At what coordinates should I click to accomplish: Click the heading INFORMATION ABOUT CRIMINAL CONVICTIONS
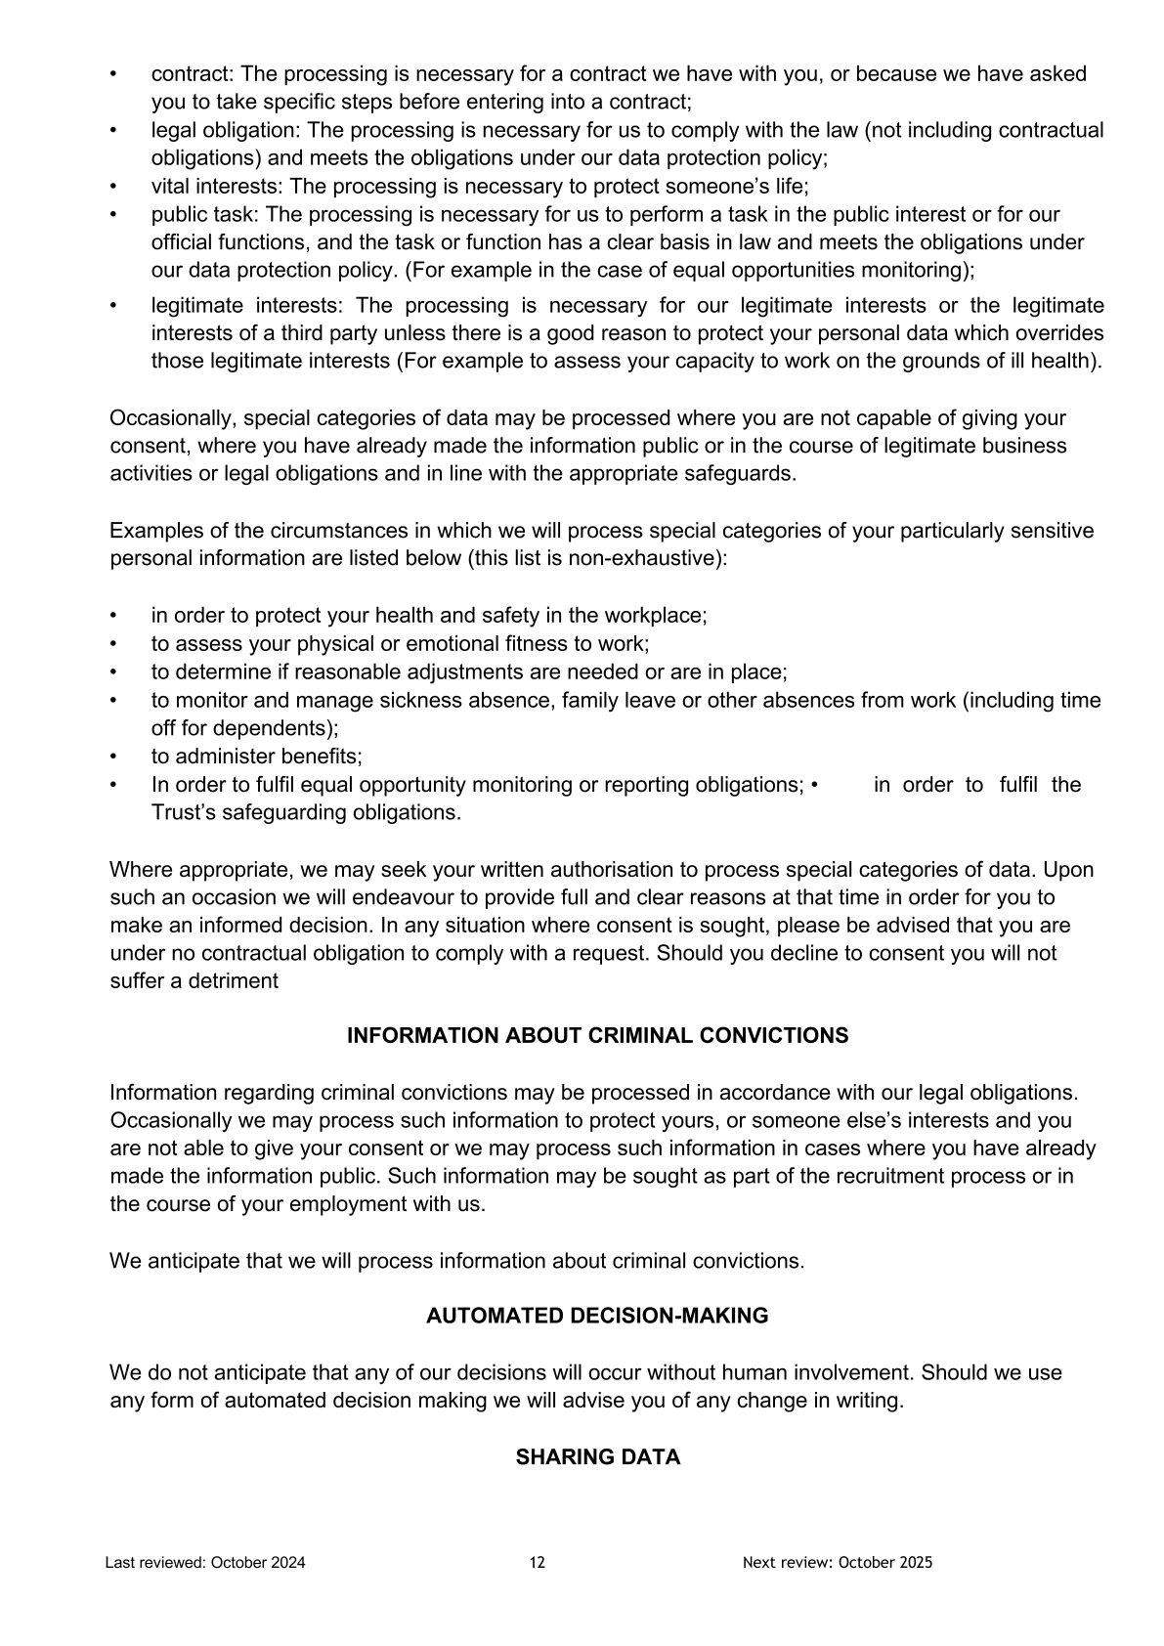coord(597,1036)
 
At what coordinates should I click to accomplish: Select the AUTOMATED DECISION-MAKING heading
coord(597,1317)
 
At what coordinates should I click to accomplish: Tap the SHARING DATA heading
coord(597,1457)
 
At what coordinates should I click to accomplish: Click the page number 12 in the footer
coord(538,1563)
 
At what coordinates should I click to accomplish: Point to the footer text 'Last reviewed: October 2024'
coord(205,1563)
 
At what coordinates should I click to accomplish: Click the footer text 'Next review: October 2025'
coord(838,1563)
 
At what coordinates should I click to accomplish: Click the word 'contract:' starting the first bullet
coord(193,74)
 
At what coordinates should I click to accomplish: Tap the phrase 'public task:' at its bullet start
coord(205,215)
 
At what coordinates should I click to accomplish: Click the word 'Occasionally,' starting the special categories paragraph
coord(173,418)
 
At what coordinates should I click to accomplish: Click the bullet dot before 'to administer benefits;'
coord(114,757)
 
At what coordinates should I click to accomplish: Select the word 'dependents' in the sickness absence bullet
coord(282,728)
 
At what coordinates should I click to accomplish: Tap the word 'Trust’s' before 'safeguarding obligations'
coord(186,813)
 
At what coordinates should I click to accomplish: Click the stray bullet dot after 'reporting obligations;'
coord(814,785)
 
